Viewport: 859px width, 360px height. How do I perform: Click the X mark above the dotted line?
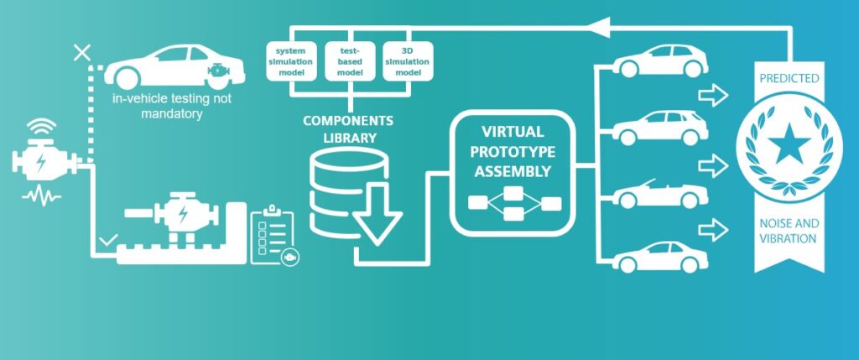(x=82, y=53)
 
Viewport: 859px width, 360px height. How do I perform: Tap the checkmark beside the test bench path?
(x=107, y=241)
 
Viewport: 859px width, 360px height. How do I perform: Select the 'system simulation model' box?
(x=291, y=61)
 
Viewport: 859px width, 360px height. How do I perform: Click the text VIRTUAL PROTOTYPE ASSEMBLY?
(x=513, y=152)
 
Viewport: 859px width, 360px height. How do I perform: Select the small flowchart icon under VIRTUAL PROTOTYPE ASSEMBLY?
(x=513, y=203)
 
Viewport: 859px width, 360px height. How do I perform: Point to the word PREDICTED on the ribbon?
(x=789, y=79)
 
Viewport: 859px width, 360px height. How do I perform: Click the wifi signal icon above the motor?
(x=40, y=129)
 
